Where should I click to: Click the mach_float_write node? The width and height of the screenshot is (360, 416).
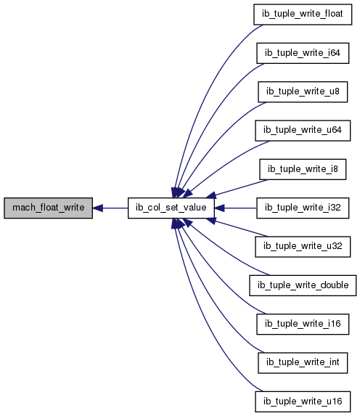point(49,208)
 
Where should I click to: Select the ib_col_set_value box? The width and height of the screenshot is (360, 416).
point(171,208)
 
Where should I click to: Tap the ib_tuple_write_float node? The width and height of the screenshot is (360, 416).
point(303,15)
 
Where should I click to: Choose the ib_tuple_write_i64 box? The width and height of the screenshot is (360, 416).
point(303,53)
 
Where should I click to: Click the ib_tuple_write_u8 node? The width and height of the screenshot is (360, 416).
point(303,91)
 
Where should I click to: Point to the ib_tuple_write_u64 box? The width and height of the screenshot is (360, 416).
point(303,131)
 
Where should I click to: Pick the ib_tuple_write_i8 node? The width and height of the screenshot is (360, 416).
point(303,169)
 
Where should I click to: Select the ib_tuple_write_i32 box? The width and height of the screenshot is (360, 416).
point(303,208)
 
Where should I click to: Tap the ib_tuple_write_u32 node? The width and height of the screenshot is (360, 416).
point(303,247)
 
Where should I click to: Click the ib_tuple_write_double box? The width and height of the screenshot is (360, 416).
point(303,285)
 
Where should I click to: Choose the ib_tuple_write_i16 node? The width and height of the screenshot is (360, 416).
point(303,325)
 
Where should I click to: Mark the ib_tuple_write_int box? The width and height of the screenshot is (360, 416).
point(303,363)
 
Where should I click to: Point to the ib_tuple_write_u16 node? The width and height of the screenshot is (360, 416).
point(303,401)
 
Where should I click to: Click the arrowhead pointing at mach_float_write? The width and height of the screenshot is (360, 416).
point(98,208)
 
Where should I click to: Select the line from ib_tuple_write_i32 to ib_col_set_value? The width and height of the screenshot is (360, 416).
point(235,208)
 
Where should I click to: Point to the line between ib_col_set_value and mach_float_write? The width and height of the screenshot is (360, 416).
point(110,208)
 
